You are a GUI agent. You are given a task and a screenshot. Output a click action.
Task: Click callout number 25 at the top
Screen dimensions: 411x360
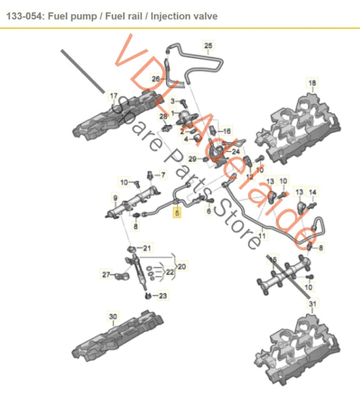pyautogui.click(x=208, y=45)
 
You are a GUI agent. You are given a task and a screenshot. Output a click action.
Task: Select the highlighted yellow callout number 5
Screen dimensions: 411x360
pyautogui.click(x=177, y=212)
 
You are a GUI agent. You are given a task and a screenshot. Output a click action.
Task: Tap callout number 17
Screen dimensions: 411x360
pyautogui.click(x=113, y=95)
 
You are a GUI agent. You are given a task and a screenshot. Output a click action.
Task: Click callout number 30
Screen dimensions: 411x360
pyautogui.click(x=113, y=316)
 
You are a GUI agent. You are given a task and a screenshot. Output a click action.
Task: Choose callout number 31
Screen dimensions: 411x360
pyautogui.click(x=311, y=305)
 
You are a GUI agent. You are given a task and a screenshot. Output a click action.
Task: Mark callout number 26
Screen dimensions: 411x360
pyautogui.click(x=155, y=80)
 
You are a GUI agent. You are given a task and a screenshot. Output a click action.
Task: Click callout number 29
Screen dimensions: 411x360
pyautogui.click(x=192, y=159)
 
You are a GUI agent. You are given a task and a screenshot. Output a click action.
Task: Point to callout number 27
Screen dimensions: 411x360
pyautogui.click(x=105, y=275)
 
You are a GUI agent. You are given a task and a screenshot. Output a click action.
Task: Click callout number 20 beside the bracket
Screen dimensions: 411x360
pyautogui.click(x=180, y=266)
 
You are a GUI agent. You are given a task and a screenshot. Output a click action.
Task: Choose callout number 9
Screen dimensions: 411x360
pyautogui.click(x=115, y=199)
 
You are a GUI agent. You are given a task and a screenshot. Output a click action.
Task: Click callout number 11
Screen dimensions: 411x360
pyautogui.click(x=262, y=237)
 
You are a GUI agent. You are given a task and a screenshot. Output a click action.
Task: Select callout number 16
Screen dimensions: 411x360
pyautogui.click(x=226, y=130)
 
